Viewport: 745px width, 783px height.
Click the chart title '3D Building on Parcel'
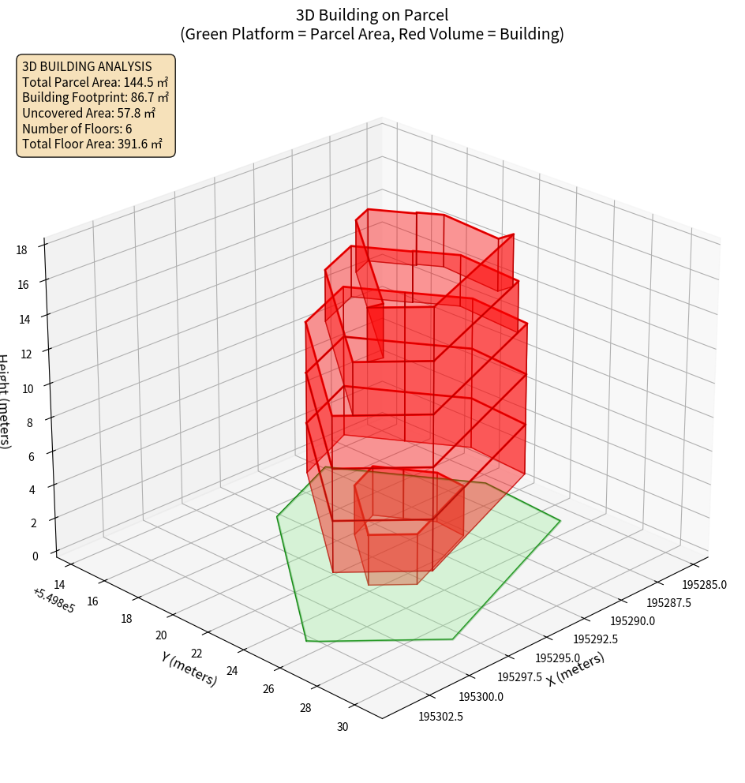(372, 14)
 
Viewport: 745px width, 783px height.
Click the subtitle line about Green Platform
(372, 34)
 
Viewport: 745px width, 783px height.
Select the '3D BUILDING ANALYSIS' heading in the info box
(87, 66)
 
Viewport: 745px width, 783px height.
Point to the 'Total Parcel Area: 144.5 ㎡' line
(95, 82)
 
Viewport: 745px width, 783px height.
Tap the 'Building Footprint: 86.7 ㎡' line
(95, 97)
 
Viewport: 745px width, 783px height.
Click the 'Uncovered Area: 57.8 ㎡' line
(92, 113)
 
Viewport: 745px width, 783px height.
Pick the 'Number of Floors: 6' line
(77, 128)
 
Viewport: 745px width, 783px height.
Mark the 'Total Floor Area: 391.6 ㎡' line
(92, 144)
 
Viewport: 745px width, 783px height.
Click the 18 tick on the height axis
(21, 249)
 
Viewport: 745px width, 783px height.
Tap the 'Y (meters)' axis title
(189, 668)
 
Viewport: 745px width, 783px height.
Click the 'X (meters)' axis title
(575, 669)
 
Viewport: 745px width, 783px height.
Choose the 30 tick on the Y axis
(343, 727)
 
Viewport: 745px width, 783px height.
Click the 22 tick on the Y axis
(197, 654)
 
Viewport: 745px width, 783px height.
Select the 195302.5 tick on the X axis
(440, 716)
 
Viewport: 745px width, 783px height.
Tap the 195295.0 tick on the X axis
(557, 658)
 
